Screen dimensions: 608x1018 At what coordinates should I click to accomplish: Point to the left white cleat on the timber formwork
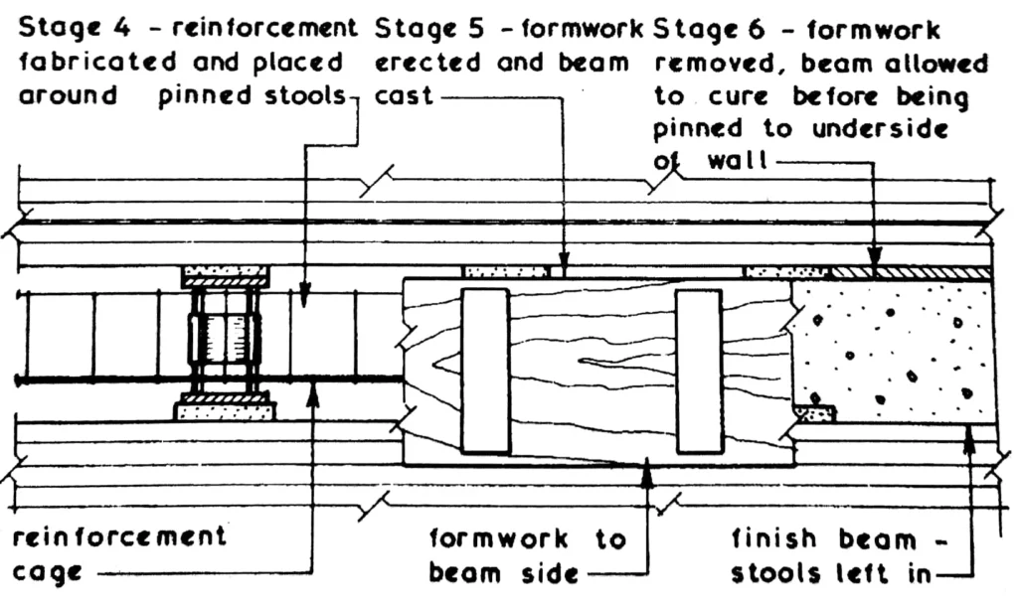(485, 371)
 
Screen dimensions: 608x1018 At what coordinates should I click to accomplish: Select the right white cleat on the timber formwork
(698, 371)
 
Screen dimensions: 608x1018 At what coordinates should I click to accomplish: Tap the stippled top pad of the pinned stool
(225, 270)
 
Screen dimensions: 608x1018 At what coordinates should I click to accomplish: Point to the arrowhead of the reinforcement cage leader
(314, 389)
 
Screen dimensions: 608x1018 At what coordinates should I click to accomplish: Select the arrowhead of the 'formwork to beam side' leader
(647, 470)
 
